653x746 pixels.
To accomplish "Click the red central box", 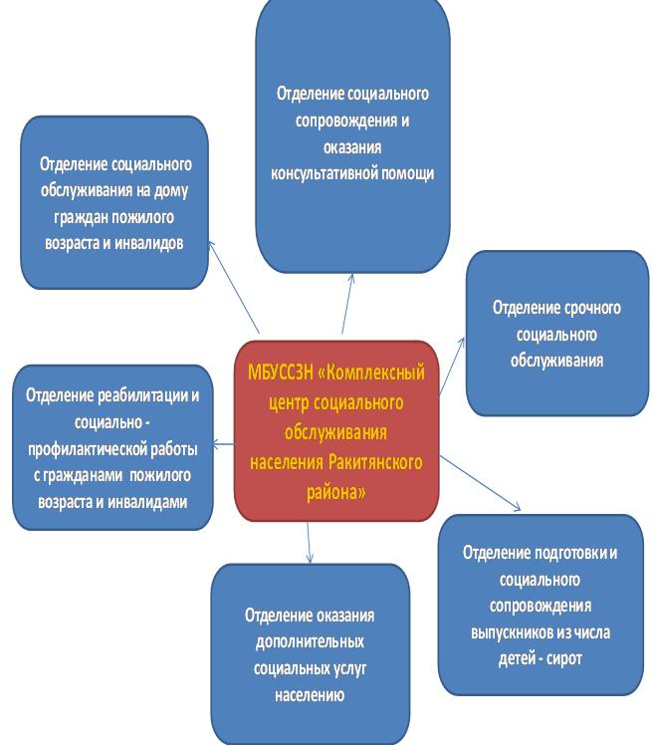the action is tap(336, 431).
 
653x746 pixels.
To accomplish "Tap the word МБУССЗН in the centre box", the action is tap(281, 373).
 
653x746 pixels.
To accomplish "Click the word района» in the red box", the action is tap(335, 491).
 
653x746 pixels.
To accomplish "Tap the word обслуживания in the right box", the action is tap(556, 361).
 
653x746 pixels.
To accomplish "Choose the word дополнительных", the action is tap(310, 642).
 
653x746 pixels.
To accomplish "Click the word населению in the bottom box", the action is tap(310, 695).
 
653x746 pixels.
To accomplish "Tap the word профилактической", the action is tap(87, 449).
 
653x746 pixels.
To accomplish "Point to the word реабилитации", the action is tap(142, 395).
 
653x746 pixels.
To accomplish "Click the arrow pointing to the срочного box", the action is tap(451, 367).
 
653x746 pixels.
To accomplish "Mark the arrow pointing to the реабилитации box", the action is tap(224, 444).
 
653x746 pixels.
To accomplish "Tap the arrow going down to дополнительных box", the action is tap(309, 543).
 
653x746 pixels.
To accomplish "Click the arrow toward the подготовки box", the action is tap(480, 483).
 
